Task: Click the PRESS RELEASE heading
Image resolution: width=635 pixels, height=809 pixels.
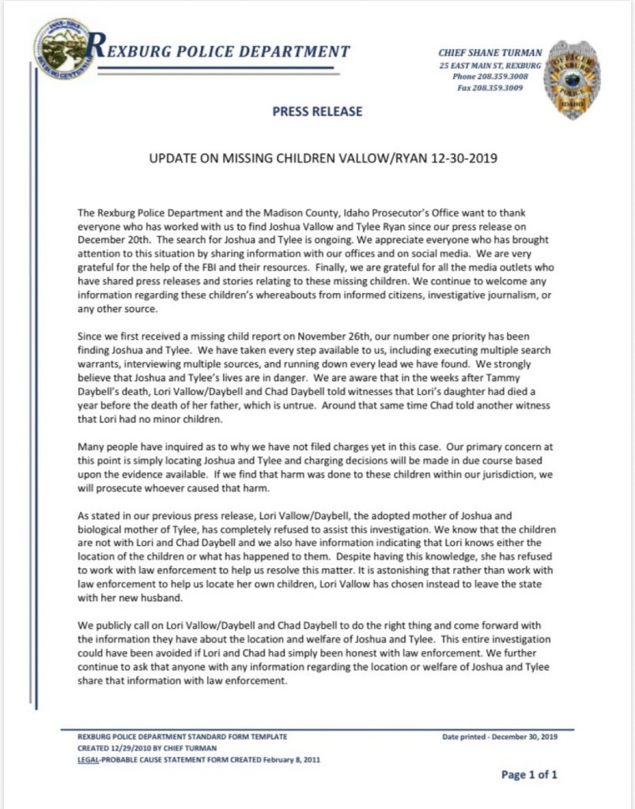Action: click(317, 111)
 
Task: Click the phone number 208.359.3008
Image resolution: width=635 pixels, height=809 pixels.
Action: click(501, 77)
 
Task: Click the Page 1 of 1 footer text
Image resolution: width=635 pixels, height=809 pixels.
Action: click(530, 774)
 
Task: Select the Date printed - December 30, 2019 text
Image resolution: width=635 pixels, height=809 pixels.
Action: click(501, 736)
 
